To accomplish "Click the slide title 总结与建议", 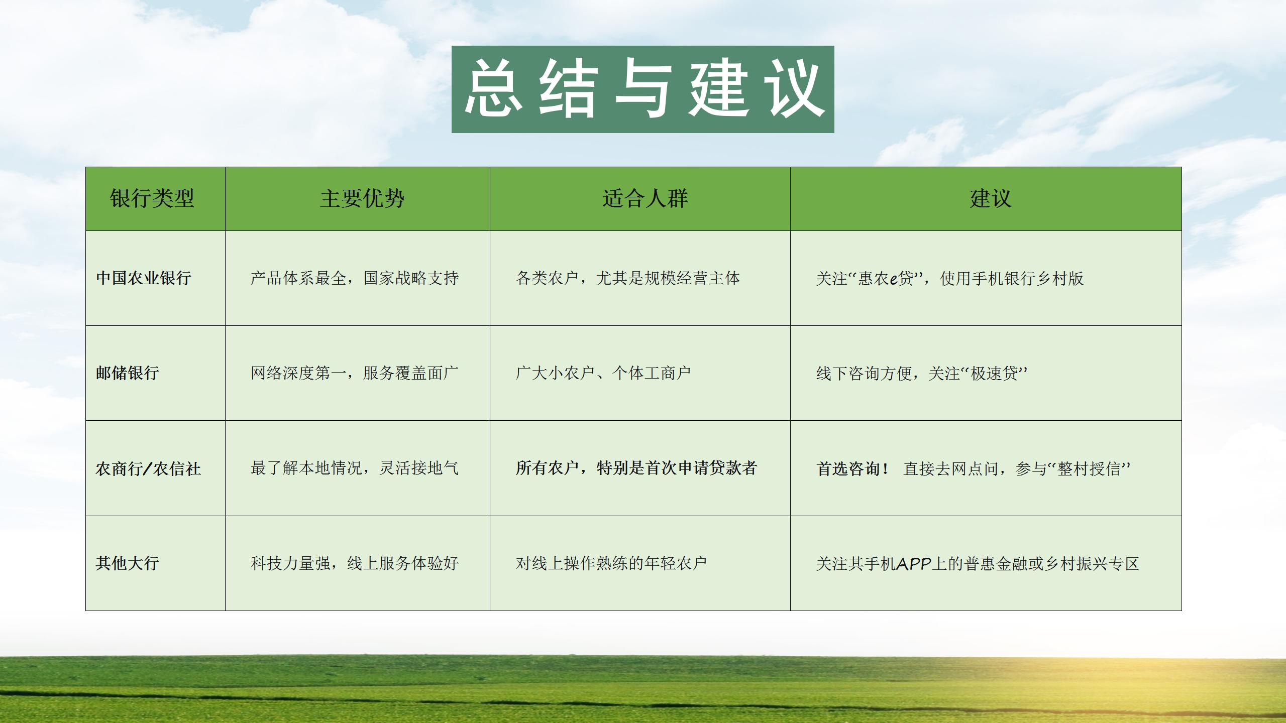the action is (643, 89).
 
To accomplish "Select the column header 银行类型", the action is (152, 198).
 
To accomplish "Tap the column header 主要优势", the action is (362, 198).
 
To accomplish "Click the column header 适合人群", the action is (645, 198).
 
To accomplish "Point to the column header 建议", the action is (991, 198).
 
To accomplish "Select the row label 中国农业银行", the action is (144, 278).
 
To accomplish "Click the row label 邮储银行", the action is (128, 373).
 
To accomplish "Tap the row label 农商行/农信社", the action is (148, 468).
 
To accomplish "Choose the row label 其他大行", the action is (128, 563).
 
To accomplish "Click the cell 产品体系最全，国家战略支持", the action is (355, 278).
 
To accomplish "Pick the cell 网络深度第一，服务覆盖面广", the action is (355, 373).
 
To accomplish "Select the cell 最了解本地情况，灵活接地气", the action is (355, 468).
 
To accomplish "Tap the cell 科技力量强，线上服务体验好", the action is (355, 563).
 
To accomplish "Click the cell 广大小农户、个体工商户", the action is (603, 373).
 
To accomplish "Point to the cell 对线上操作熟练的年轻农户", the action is (611, 563).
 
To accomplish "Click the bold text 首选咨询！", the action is (852, 468).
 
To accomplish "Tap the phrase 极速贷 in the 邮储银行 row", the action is (994, 373).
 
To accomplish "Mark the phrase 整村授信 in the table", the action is (1089, 468).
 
